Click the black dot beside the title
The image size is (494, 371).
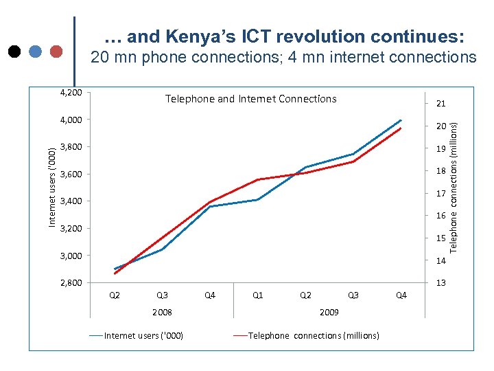[x=14, y=51]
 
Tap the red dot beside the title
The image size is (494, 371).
[x=56, y=51]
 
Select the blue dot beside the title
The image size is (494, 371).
[x=35, y=51]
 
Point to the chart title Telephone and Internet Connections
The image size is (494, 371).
[x=250, y=99]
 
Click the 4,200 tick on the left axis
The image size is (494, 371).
[x=70, y=93]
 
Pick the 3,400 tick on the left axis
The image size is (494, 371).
[x=70, y=201]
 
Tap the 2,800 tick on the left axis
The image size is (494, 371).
[x=70, y=283]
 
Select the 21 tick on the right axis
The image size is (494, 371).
[x=440, y=104]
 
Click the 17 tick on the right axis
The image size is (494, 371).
[x=440, y=194]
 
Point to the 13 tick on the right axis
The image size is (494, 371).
[x=440, y=283]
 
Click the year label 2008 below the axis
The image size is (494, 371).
[x=162, y=312]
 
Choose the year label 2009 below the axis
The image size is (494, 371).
[x=329, y=312]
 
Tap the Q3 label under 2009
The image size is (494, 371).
[x=353, y=295]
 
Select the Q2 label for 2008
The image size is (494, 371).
[x=115, y=295]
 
